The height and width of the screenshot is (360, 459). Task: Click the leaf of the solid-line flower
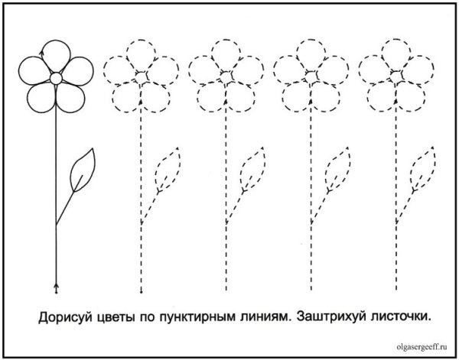[x=82, y=170]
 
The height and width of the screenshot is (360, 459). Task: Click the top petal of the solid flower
[x=56, y=54]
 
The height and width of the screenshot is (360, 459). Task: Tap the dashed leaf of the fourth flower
[x=337, y=168]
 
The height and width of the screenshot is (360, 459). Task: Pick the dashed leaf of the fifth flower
[x=422, y=168]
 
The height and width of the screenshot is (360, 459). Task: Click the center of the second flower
[x=142, y=76]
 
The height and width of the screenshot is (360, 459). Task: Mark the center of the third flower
[x=226, y=76]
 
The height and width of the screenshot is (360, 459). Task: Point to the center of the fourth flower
[x=311, y=76]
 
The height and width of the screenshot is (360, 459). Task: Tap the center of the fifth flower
[x=396, y=76]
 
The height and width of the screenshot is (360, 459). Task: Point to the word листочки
[x=395, y=315]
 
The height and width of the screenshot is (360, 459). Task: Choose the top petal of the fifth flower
[x=396, y=53]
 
